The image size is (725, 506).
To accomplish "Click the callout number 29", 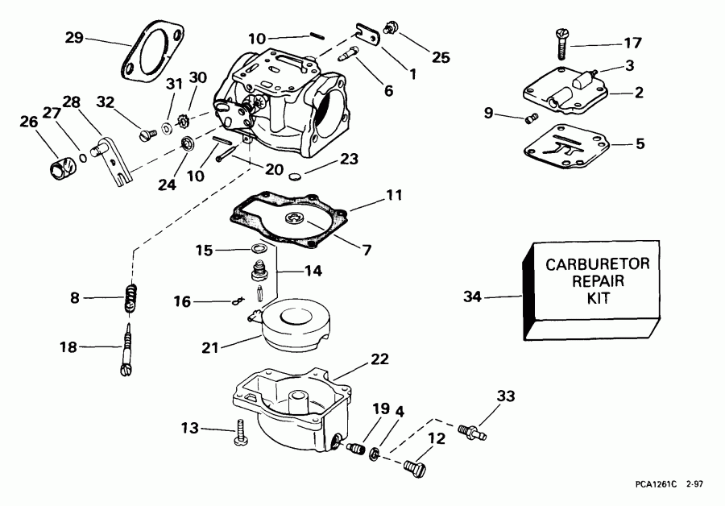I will [73, 37].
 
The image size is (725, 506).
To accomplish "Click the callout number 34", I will [473, 297].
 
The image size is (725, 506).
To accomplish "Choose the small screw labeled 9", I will [530, 119].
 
